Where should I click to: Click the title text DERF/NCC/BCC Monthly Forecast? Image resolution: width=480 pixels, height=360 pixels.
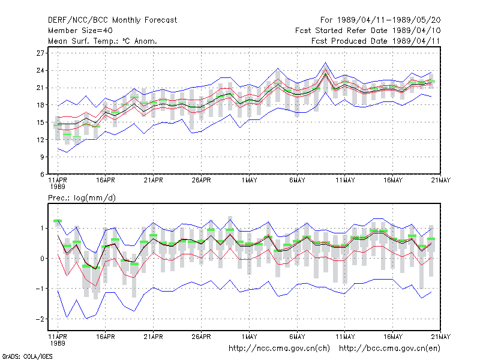[112, 20]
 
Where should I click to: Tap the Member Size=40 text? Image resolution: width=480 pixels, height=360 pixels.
[80, 31]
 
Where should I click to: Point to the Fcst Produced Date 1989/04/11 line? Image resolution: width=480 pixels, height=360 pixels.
[376, 41]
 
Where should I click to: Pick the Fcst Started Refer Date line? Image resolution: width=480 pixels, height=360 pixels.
[368, 31]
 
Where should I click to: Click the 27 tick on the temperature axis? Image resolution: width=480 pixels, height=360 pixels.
[40, 53]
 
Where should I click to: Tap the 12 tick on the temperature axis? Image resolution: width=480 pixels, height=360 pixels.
[40, 140]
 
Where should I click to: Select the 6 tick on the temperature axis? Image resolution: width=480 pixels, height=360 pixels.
[42, 174]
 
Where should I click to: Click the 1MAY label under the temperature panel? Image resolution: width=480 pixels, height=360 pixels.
[249, 180]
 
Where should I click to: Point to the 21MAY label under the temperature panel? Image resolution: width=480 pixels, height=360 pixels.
[441, 180]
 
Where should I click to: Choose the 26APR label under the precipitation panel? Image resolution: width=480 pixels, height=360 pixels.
[201, 337]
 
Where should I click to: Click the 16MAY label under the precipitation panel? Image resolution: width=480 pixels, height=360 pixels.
[393, 337]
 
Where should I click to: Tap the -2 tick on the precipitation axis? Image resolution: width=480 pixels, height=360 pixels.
[40, 319]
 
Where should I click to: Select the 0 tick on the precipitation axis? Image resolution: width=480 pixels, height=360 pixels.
[42, 259]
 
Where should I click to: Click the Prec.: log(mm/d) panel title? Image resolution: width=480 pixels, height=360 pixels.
[82, 198]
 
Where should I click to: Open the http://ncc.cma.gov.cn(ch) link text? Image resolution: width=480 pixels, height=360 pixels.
[279, 349]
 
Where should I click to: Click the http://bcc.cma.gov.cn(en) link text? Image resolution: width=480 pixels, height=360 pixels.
[389, 349]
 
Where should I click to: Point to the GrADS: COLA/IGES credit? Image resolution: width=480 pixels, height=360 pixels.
[27, 356]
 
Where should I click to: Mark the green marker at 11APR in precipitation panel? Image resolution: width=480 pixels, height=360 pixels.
[58, 221]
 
